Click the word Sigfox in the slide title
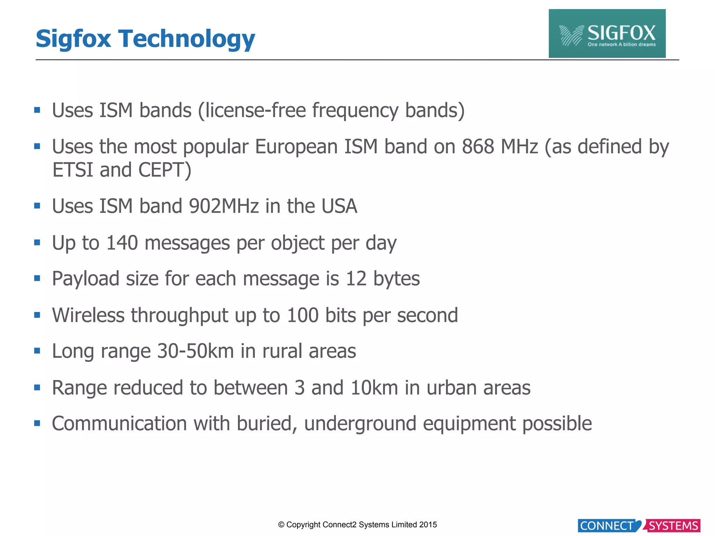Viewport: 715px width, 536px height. coord(73,39)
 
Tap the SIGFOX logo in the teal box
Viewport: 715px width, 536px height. coord(607,34)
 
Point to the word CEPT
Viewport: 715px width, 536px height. coord(165,170)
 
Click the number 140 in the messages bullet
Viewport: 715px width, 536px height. coord(122,243)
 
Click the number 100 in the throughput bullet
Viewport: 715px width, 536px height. coord(302,315)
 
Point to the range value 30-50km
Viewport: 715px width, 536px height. coord(195,351)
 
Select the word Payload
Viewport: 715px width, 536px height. coord(86,279)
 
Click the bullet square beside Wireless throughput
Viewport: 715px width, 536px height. coord(37,315)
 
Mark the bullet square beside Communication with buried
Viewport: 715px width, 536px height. coord(37,424)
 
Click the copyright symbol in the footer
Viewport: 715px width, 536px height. coord(281,525)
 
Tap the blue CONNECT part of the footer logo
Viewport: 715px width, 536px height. coord(607,526)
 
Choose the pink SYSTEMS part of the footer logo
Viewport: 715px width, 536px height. coord(673,526)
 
